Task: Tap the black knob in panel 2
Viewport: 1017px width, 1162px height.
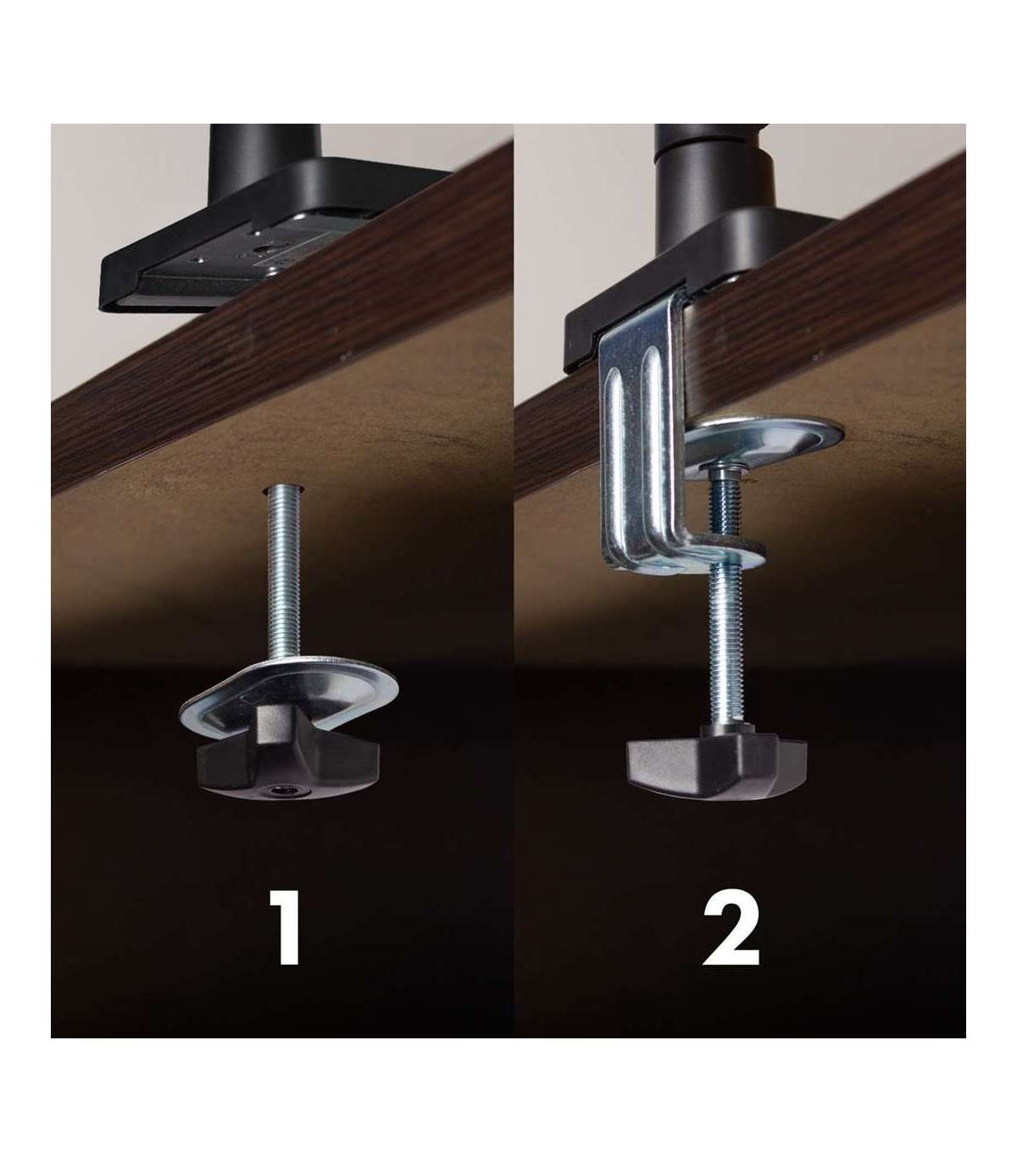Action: coord(717,760)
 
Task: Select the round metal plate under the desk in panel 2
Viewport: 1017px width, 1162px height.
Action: coord(764,439)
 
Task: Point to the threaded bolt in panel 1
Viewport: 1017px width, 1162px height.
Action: coord(284,573)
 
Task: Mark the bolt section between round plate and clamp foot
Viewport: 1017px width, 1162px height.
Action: coord(725,512)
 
